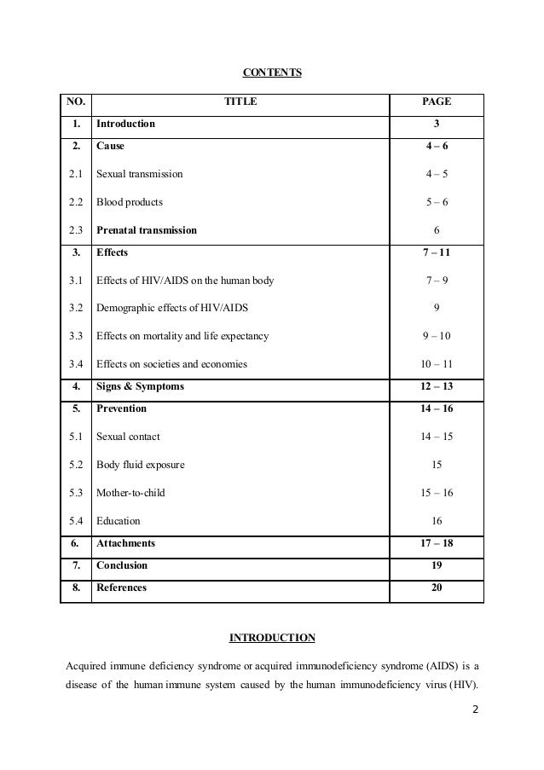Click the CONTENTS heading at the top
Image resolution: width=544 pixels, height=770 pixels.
click(x=271, y=72)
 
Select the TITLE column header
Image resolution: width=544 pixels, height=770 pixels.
click(x=240, y=102)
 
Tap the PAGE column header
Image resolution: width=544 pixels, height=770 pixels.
click(x=437, y=102)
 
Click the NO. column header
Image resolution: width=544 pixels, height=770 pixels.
click(x=75, y=102)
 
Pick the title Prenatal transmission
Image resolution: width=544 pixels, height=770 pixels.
click(x=146, y=230)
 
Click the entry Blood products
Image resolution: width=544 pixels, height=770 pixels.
click(x=129, y=202)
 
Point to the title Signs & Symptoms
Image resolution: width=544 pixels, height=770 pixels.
click(x=140, y=387)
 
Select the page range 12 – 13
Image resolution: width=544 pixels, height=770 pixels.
click(x=437, y=387)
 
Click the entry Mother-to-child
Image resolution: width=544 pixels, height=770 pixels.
click(x=130, y=493)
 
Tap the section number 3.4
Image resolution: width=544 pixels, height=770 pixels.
click(x=75, y=364)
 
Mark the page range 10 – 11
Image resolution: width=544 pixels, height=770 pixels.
click(x=437, y=364)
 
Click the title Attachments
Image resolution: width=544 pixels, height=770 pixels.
click(x=125, y=542)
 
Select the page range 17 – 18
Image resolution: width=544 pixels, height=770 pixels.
click(x=437, y=542)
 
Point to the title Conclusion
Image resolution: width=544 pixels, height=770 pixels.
click(x=122, y=564)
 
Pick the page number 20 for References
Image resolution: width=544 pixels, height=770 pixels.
click(x=437, y=588)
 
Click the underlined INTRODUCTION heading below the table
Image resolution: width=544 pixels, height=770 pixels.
click(x=272, y=637)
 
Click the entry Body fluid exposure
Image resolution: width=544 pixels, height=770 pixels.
click(x=140, y=466)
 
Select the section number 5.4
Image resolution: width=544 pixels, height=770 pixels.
click(x=75, y=520)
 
